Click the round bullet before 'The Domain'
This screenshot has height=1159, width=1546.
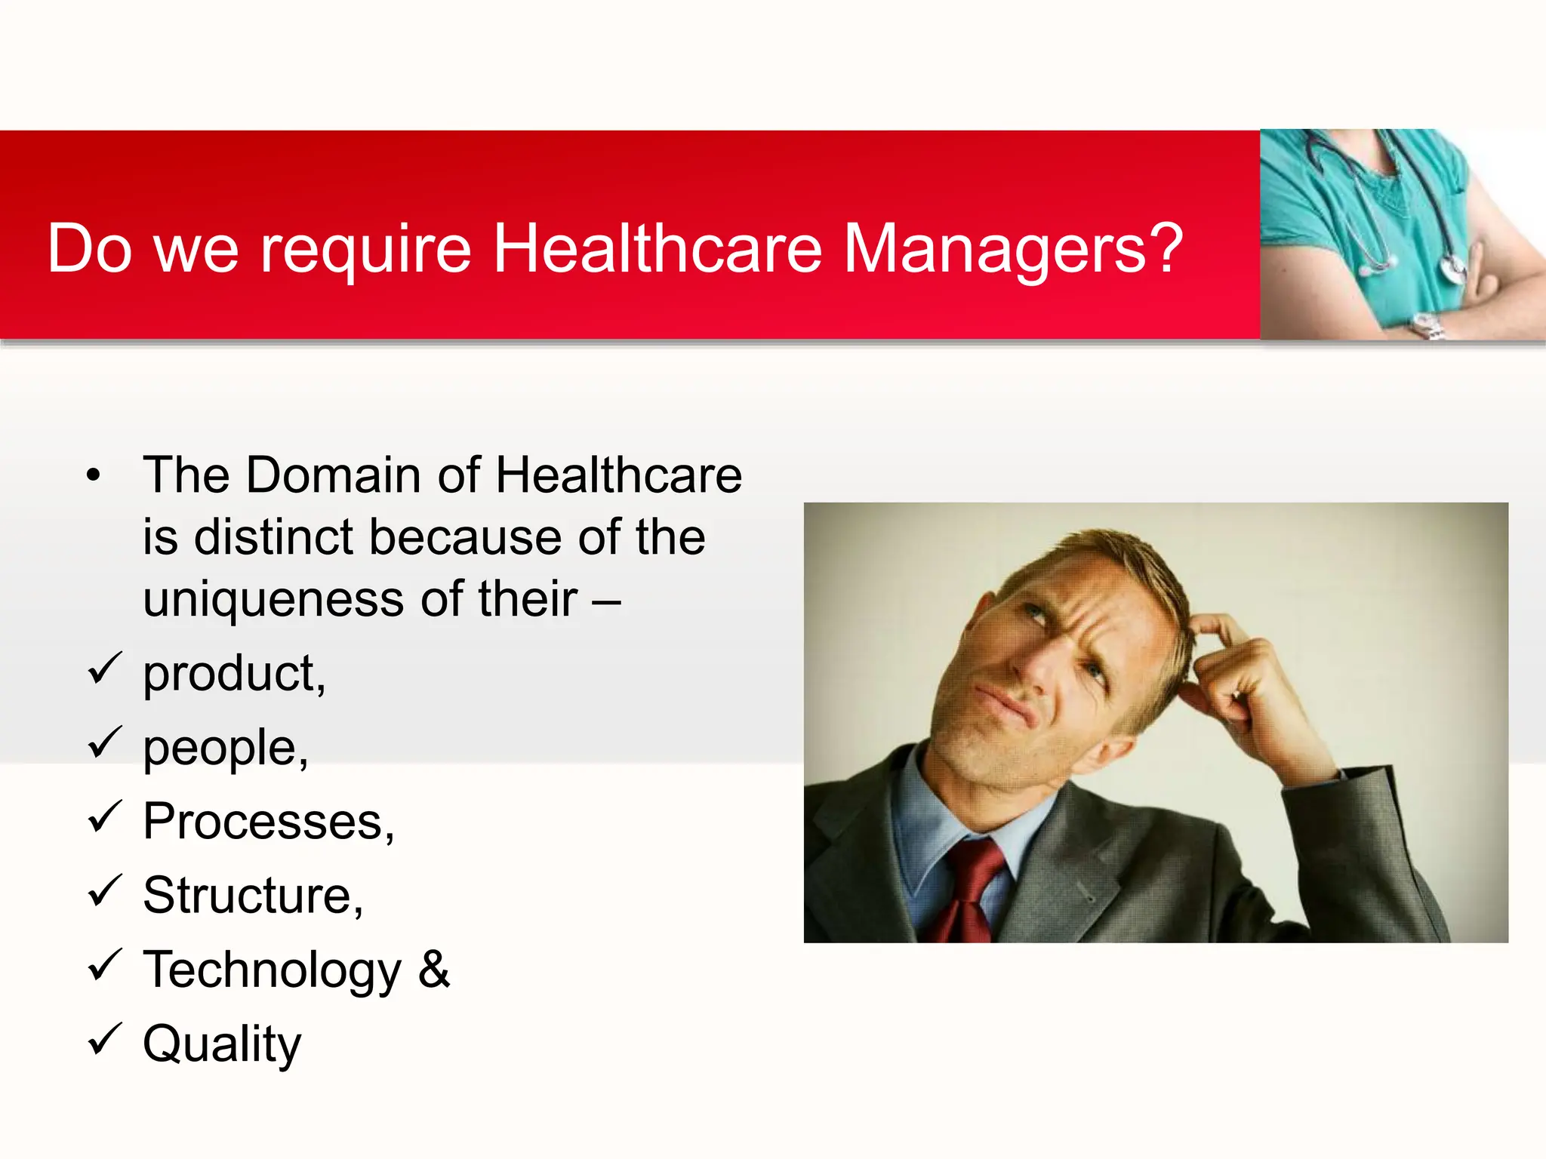[x=93, y=476]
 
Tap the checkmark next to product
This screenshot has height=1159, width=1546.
[x=104, y=669]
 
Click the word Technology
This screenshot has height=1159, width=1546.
[x=272, y=970]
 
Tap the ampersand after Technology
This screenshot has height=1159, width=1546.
[x=433, y=969]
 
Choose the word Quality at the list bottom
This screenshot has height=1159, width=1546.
[x=222, y=1044]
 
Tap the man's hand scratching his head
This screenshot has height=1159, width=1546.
[x=1238, y=679]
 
